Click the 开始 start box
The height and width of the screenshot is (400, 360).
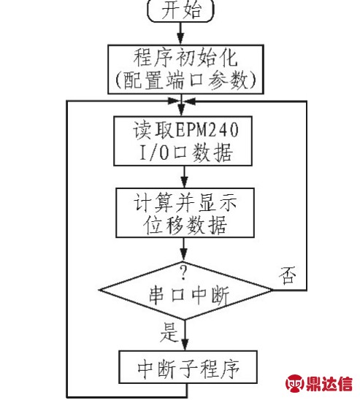[x=180, y=10]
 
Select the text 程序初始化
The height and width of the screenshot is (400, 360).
[x=185, y=58]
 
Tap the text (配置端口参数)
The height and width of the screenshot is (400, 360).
[x=185, y=80]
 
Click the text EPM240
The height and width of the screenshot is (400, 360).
[x=207, y=130]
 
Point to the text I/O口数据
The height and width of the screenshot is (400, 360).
[x=186, y=153]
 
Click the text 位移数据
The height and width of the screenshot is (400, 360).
[x=185, y=225]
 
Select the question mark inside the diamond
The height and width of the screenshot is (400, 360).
[x=183, y=272]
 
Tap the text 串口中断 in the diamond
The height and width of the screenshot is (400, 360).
[x=189, y=295]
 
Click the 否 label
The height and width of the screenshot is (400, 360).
[x=288, y=275]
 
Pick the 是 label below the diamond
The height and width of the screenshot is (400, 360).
[x=169, y=332]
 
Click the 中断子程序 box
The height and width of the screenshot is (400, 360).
[x=188, y=367]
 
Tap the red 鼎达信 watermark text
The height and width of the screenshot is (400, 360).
[x=329, y=383]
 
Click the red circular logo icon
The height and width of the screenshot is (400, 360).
[x=295, y=382]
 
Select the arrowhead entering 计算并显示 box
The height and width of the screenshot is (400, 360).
[x=184, y=182]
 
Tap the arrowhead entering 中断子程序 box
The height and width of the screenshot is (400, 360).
[x=185, y=345]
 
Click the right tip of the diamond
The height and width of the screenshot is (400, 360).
[x=272, y=290]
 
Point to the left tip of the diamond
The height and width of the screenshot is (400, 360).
[x=99, y=290]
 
